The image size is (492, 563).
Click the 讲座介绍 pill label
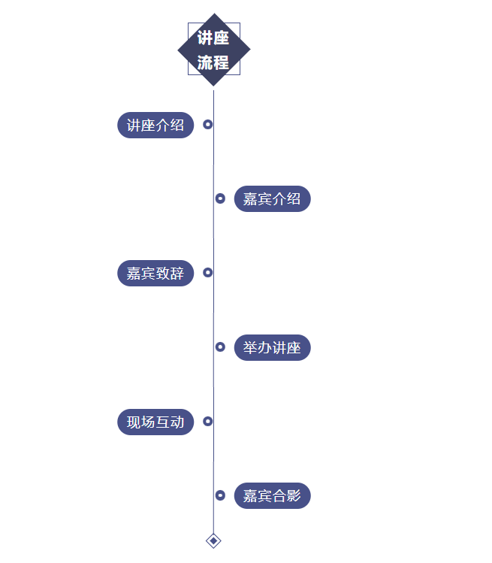[x=155, y=126]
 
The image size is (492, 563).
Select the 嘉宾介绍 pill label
[x=272, y=199]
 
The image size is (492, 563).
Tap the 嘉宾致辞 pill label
[x=155, y=274]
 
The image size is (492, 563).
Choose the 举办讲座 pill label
[x=272, y=348]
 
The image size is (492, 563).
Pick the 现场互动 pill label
[x=155, y=422]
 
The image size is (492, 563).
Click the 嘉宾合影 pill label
[x=272, y=496]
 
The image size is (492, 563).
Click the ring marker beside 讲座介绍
[x=208, y=124]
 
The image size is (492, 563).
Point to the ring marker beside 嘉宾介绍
[x=220, y=198]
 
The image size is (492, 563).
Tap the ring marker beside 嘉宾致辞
[x=208, y=272]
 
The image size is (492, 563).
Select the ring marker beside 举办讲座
[x=220, y=347]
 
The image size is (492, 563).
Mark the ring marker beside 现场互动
[x=208, y=421]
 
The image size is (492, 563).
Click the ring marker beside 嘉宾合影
[x=220, y=495]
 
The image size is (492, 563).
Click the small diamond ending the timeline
[x=213, y=540]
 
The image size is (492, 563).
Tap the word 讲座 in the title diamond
[x=213, y=38]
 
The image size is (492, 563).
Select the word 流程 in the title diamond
[x=213, y=62]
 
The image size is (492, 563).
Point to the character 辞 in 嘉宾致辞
[x=177, y=274]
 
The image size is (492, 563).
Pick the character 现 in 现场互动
[x=134, y=422]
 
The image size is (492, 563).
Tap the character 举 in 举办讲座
[x=250, y=348]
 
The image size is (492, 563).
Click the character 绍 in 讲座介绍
[x=177, y=126]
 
